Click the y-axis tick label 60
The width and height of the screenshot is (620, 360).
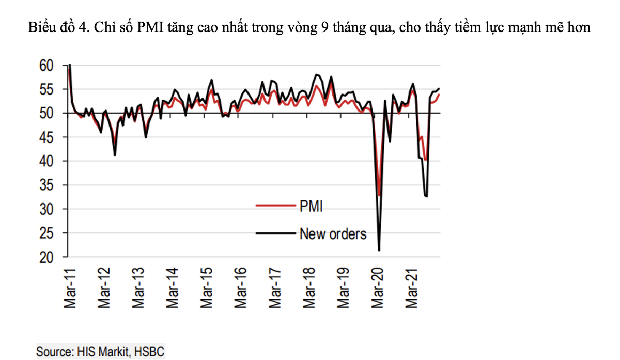pyautogui.click(x=47, y=66)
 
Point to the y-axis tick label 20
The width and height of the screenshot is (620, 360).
pyautogui.click(x=47, y=257)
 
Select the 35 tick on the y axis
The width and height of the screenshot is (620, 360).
pyautogui.click(x=47, y=185)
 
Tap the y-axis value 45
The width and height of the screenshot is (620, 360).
pyautogui.click(x=47, y=137)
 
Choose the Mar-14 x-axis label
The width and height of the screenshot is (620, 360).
pyautogui.click(x=173, y=289)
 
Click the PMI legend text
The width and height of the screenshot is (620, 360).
pyautogui.click(x=311, y=207)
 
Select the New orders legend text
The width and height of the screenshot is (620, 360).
pyautogui.click(x=333, y=234)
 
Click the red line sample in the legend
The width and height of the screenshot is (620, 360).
pyautogui.click(x=276, y=206)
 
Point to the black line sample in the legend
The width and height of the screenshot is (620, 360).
pyautogui.click(x=276, y=234)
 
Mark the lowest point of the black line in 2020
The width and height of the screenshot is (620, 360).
pyautogui.click(x=380, y=251)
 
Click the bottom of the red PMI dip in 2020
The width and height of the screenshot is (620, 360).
pyautogui.click(x=379, y=195)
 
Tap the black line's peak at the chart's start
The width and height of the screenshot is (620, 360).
pyautogui.click(x=70, y=65)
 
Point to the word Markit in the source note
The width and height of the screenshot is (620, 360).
pyautogui.click(x=110, y=352)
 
